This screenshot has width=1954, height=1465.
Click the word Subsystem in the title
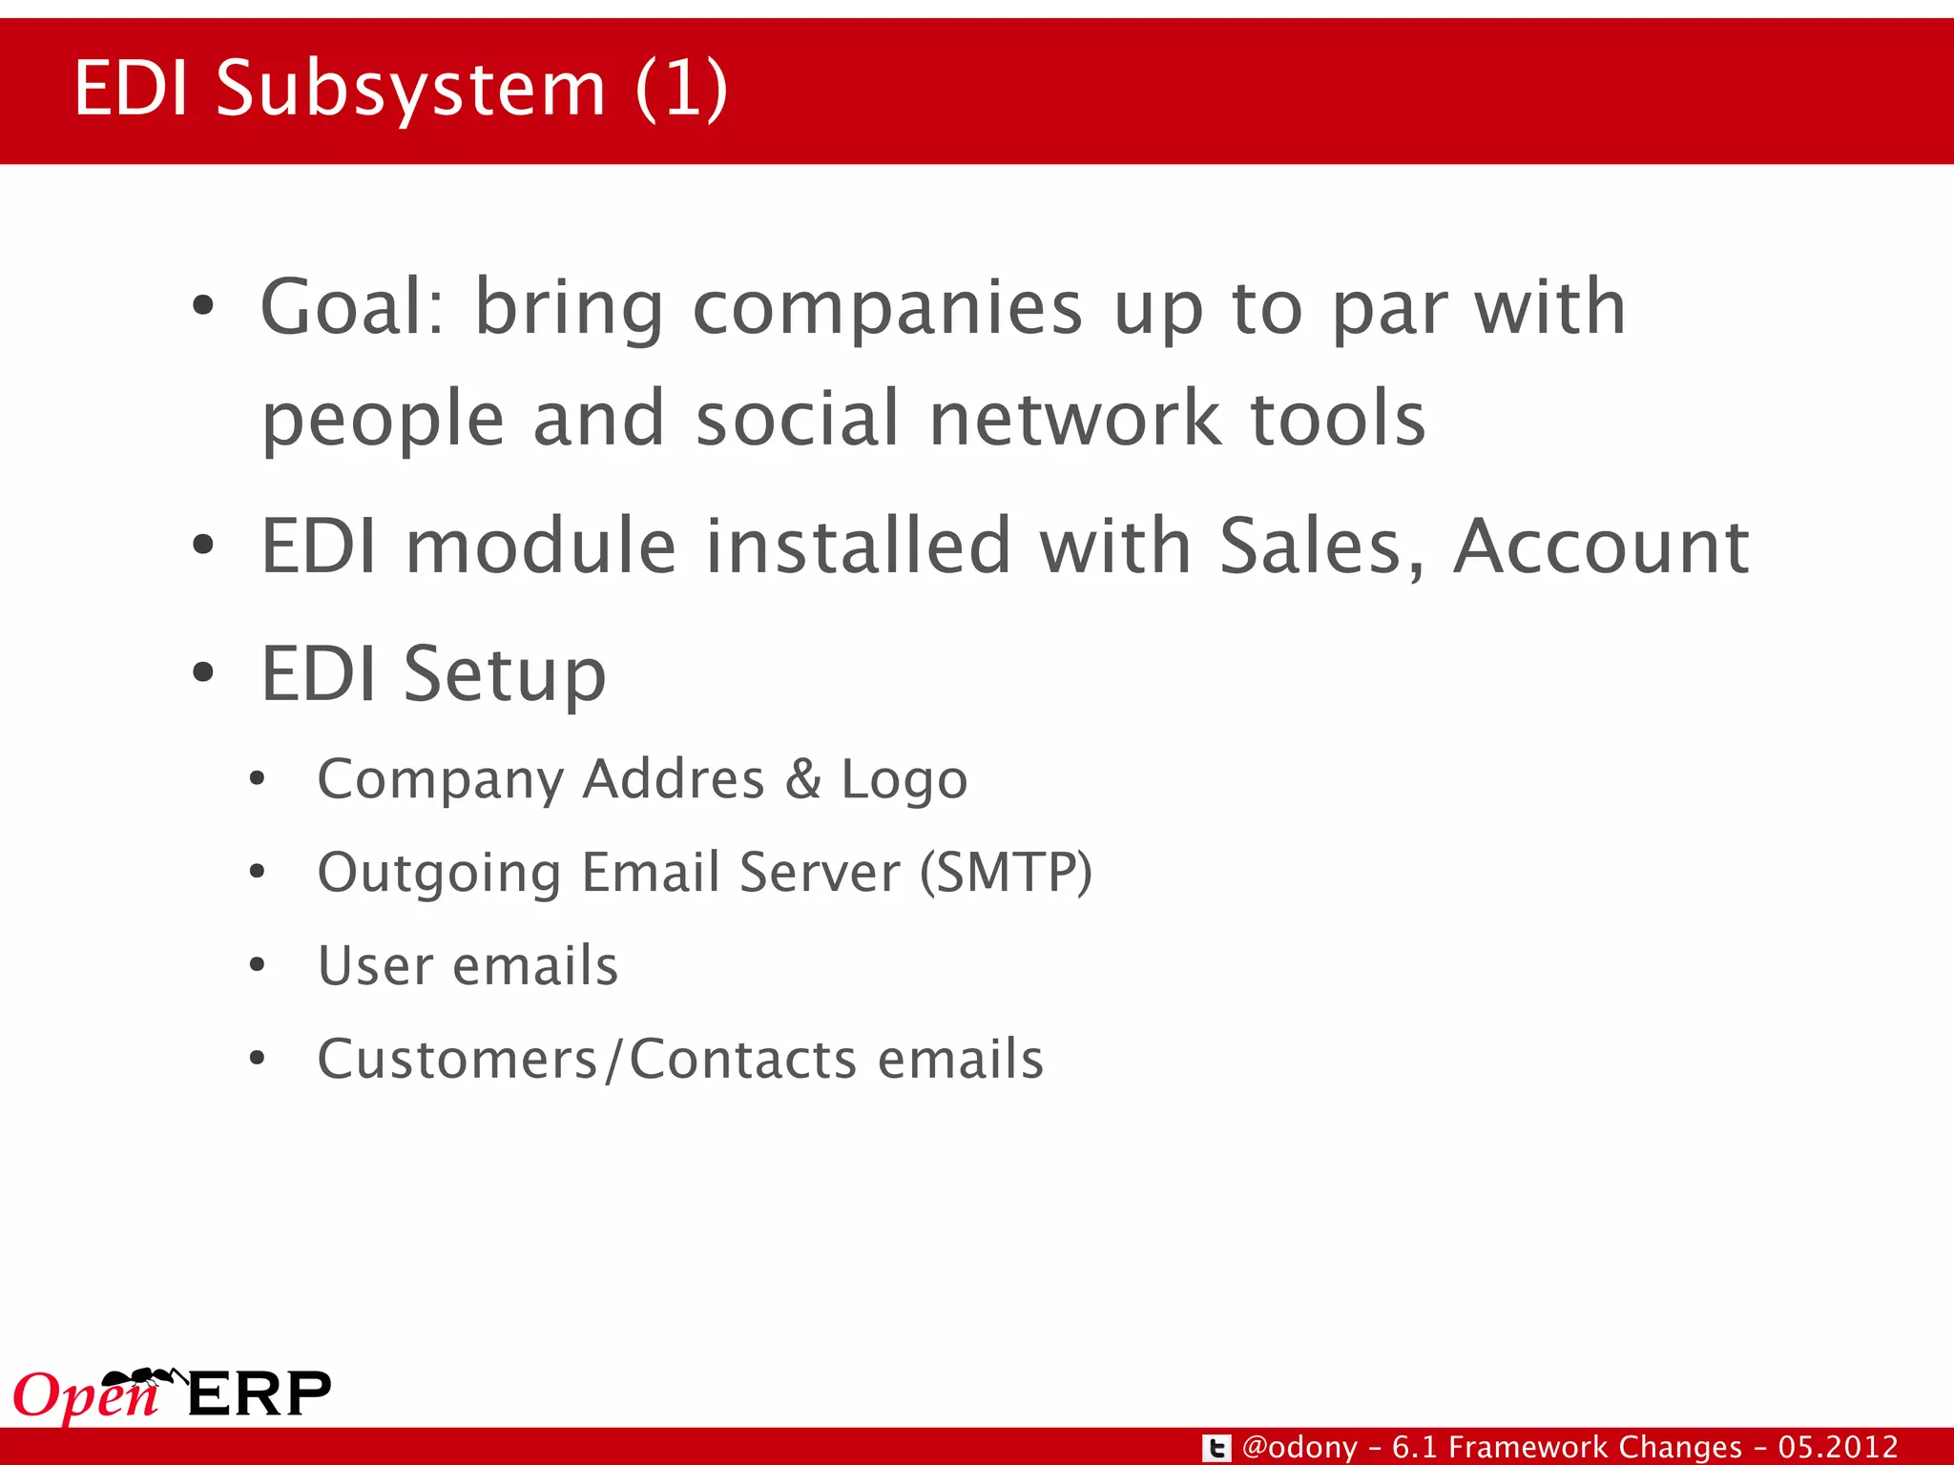tap(411, 89)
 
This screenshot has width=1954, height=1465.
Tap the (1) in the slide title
tap(681, 89)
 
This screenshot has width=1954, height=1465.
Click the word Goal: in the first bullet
tap(353, 307)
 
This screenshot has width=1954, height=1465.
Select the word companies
tap(887, 309)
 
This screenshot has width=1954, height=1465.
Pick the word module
tap(541, 546)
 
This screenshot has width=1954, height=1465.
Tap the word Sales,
tap(1322, 547)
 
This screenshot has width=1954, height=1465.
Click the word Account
tap(1601, 546)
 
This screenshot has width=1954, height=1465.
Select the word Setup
tap(505, 674)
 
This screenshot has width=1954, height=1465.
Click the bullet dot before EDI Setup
tap(202, 672)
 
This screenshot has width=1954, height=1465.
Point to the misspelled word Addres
tap(674, 779)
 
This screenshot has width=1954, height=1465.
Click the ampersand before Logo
tap(803, 779)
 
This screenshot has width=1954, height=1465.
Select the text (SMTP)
tap(1006, 873)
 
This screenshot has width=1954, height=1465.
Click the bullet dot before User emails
tap(256, 964)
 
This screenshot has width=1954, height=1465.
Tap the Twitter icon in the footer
tap(1216, 1448)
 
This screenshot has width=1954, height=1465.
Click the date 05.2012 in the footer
tap(1838, 1447)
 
